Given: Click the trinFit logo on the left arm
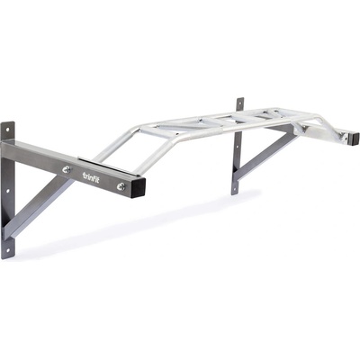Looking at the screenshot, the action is tap(91, 176).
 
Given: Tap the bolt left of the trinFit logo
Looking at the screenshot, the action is tap(67, 169).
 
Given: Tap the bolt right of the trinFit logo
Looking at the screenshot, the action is tap(121, 186).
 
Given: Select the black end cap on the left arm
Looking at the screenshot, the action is tap(138, 188).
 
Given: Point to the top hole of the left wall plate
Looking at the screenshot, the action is tap(7, 130).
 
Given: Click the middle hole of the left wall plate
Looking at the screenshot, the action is tap(7, 191).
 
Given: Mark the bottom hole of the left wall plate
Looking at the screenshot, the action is tap(8, 249).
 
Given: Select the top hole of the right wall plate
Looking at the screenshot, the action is tap(239, 103).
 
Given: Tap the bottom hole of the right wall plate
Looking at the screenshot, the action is tap(235, 189).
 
